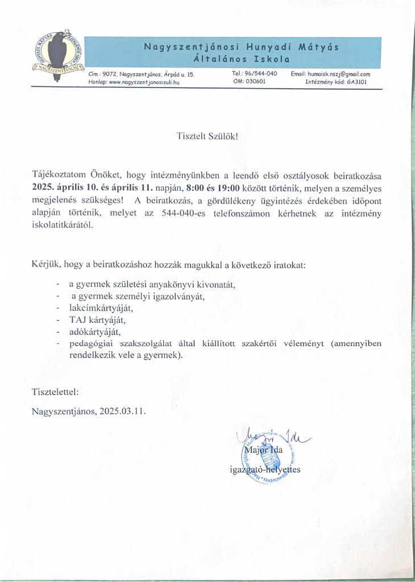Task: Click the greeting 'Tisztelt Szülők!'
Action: coord(208,136)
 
